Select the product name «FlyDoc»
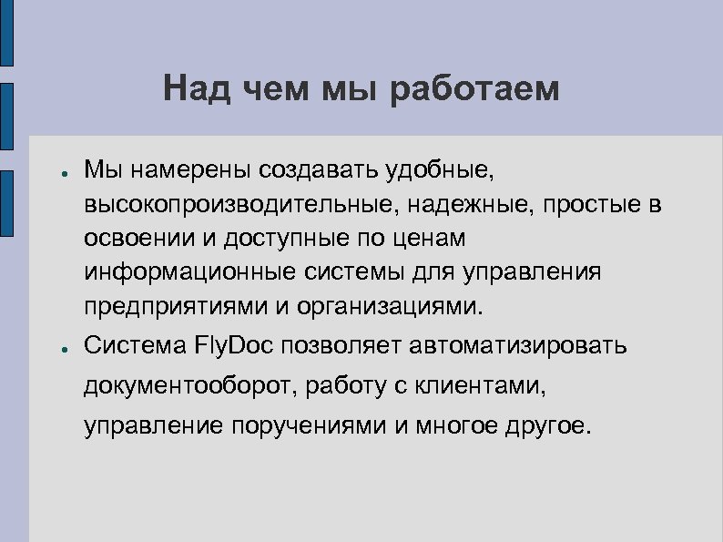click(238, 346)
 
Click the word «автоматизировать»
click(519, 346)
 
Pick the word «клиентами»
click(489, 385)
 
